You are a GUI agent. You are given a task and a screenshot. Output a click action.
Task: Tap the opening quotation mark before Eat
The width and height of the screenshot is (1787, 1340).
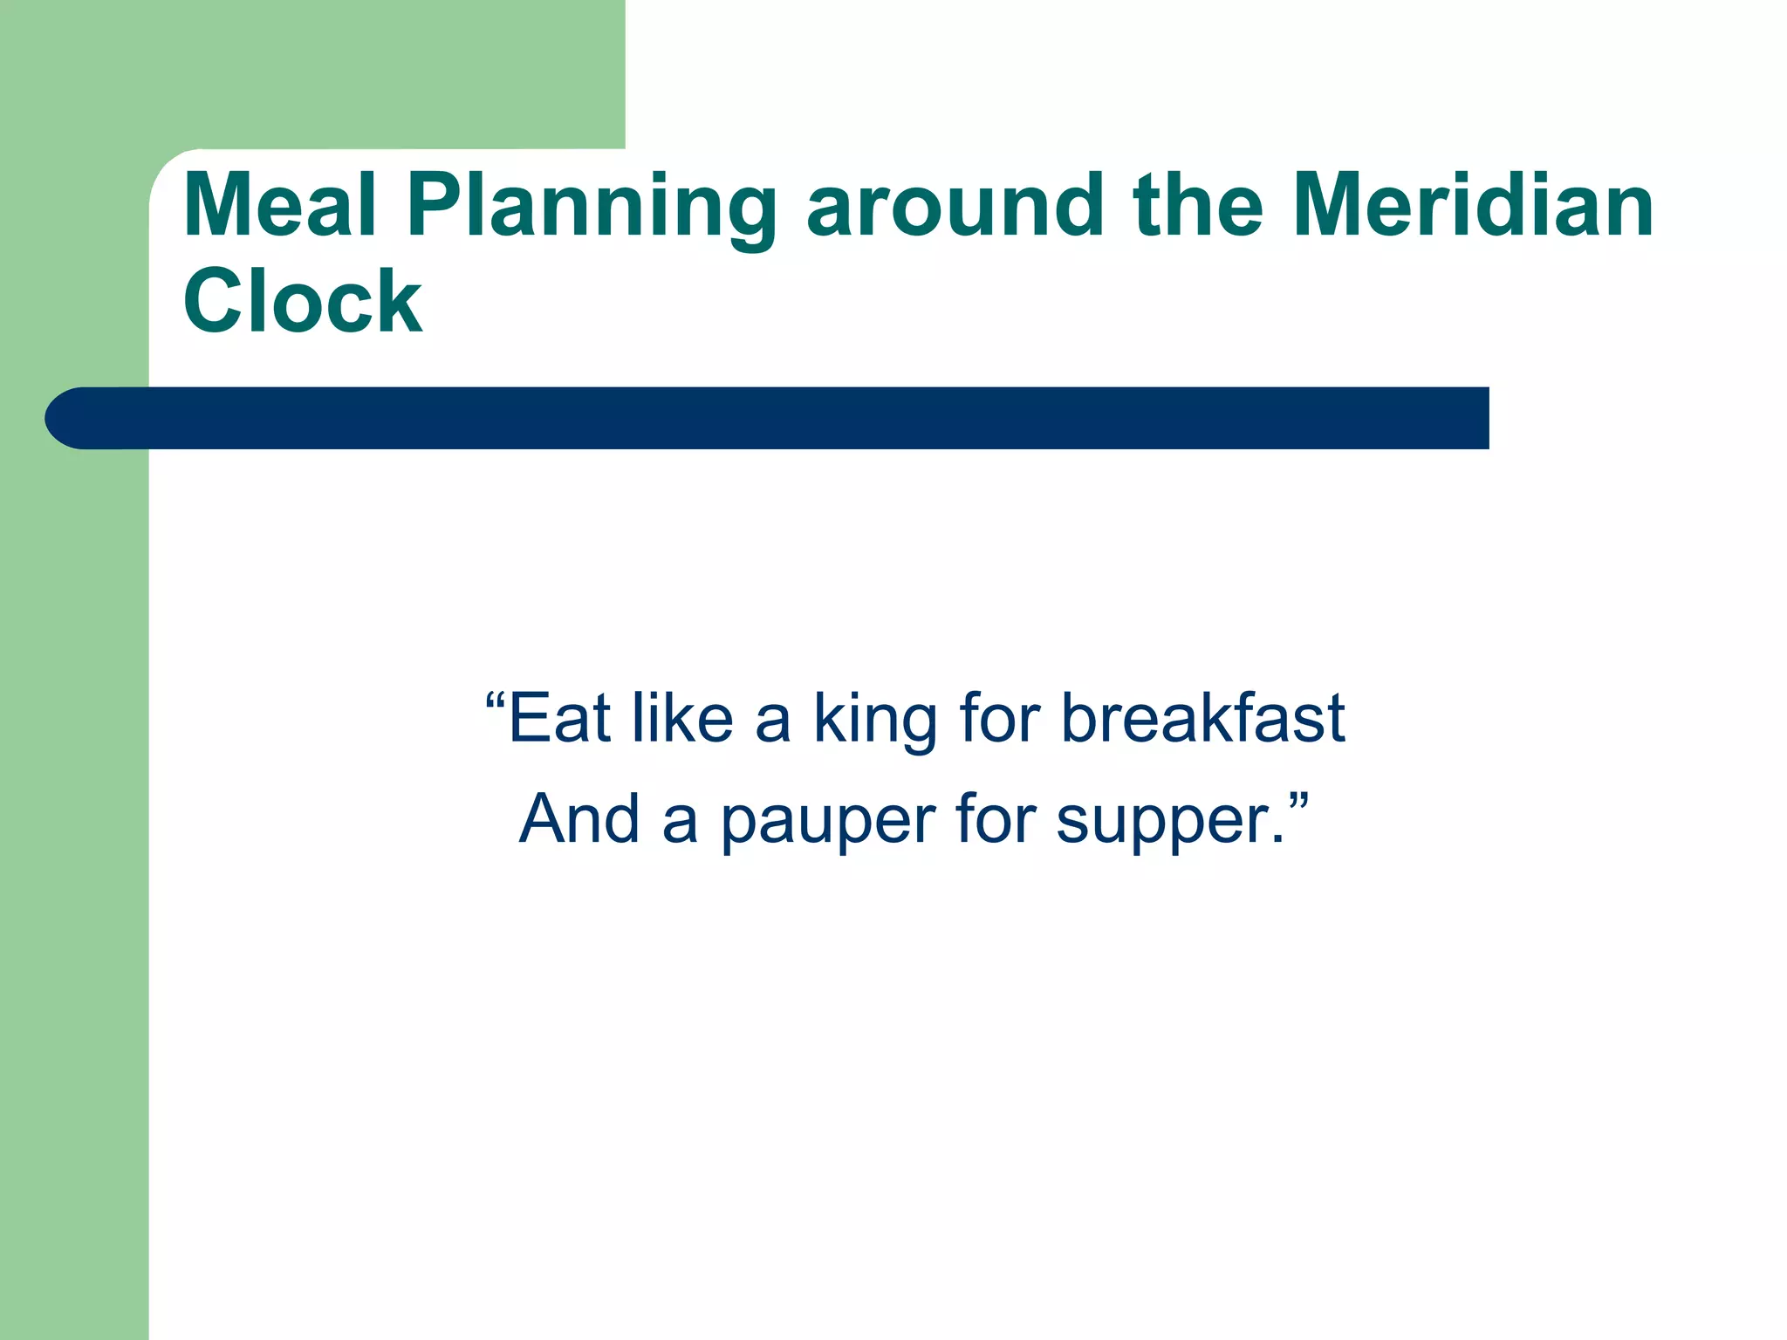click(x=496, y=701)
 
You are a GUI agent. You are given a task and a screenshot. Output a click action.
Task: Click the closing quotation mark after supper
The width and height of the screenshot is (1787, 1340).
click(x=1297, y=801)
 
